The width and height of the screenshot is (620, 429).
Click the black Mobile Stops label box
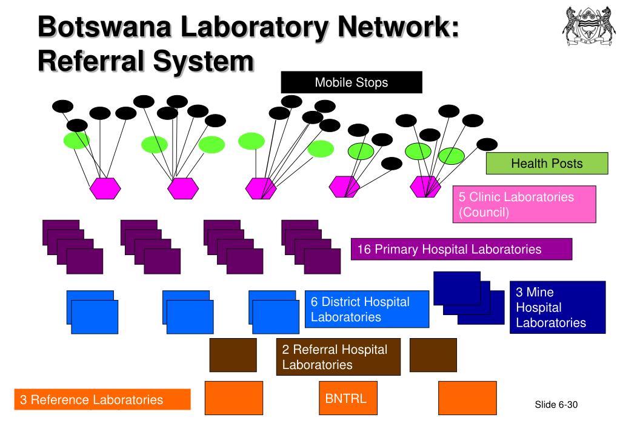click(352, 82)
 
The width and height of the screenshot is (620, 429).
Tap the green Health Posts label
click(547, 163)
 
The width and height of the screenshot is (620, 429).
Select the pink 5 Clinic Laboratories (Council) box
click(524, 204)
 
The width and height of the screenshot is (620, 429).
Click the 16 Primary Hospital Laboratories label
click(461, 249)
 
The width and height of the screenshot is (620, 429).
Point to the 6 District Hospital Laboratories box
click(367, 309)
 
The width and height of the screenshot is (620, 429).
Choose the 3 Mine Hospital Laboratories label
click(558, 307)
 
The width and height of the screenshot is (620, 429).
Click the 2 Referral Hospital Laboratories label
click(338, 357)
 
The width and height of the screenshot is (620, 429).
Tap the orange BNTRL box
click(348, 398)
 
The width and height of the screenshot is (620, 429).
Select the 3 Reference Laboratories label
click(102, 399)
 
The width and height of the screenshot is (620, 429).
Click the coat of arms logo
click(589, 26)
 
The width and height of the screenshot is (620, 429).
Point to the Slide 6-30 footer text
click(556, 405)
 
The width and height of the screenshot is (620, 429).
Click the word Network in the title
click(399, 27)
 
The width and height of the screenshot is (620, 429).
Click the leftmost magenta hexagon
click(105, 188)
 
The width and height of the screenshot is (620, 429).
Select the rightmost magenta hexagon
click(425, 187)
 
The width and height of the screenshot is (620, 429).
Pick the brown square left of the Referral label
click(233, 355)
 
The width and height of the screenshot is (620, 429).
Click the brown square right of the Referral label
click(433, 355)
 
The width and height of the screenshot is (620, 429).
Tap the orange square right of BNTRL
click(467, 398)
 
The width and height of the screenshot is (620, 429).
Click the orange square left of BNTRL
click(234, 398)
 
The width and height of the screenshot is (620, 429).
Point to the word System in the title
click(203, 61)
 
